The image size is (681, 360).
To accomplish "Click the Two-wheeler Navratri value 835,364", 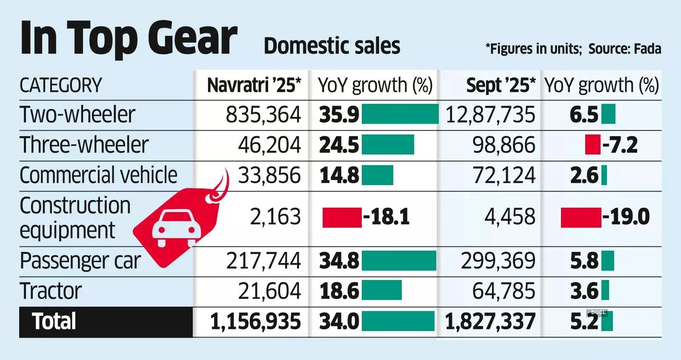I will pyautogui.click(x=263, y=115).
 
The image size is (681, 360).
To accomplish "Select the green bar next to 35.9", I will pyautogui.click(x=400, y=114).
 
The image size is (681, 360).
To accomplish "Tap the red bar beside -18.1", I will pyautogui.click(x=342, y=217).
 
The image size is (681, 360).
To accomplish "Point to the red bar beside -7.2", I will pyautogui.click(x=592, y=145).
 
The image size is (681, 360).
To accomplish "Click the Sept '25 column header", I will pyautogui.click(x=501, y=86).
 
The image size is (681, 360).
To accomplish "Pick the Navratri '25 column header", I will pyautogui.click(x=254, y=86).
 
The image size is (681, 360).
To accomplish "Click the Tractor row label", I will pyautogui.click(x=51, y=291).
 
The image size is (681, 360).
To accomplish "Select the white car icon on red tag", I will pyautogui.click(x=176, y=228).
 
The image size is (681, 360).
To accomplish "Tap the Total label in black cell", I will pyautogui.click(x=54, y=322).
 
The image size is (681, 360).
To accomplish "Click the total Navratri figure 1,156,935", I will pyautogui.click(x=255, y=322).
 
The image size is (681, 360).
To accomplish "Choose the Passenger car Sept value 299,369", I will pyautogui.click(x=498, y=261).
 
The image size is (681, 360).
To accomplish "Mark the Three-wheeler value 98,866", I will pyautogui.click(x=504, y=145).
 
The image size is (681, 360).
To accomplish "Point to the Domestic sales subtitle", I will pyautogui.click(x=332, y=46).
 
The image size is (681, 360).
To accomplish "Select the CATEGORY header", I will pyautogui.click(x=61, y=86).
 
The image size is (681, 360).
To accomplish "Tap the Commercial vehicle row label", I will pyautogui.click(x=98, y=175).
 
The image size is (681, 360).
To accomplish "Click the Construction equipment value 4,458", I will pyautogui.click(x=510, y=217).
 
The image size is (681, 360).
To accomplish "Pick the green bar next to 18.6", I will pyautogui.click(x=381, y=290).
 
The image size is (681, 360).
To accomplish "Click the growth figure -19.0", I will pyautogui.click(x=626, y=217).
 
